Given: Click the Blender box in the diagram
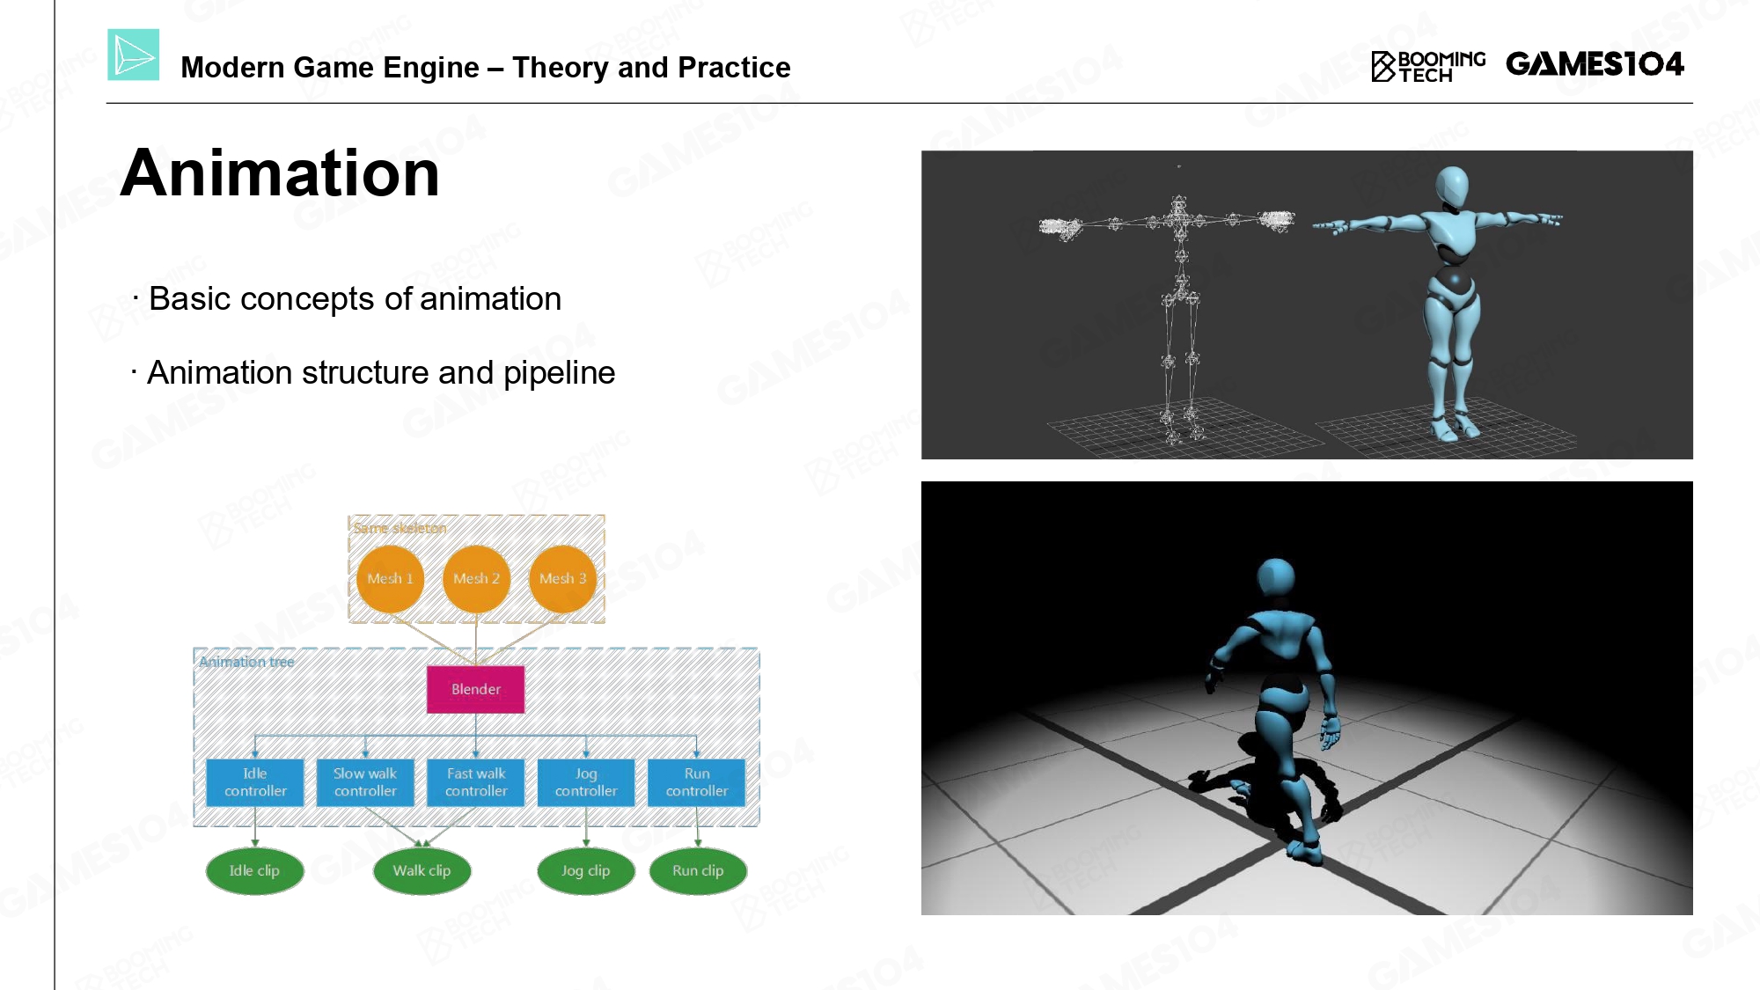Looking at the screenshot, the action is tap(475, 689).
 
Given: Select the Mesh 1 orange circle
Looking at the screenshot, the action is tap(390, 578).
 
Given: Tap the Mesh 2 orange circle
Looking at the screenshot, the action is tap(476, 578).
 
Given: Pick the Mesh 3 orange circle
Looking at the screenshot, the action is tap(562, 578).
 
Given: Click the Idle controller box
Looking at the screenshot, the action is tap(255, 782).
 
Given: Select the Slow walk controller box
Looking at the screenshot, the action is tap(365, 782).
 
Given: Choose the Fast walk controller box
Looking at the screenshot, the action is tap(476, 782).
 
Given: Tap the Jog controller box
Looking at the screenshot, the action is tap(586, 782).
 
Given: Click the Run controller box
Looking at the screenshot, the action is tap(697, 782).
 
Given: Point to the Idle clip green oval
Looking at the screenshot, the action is tap(254, 871).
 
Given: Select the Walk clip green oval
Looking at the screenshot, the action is tap(422, 871).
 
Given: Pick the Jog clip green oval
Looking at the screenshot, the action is tap(586, 871).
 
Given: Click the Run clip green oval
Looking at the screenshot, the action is tap(698, 871).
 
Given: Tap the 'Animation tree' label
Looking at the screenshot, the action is tap(246, 662).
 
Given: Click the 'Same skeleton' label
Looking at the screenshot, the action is tap(400, 528).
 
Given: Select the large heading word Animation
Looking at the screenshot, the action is tap(280, 173).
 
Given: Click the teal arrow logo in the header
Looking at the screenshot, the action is tap(134, 55).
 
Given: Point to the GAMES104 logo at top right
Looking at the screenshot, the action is tap(1595, 64).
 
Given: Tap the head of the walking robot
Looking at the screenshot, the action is tap(1276, 578).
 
